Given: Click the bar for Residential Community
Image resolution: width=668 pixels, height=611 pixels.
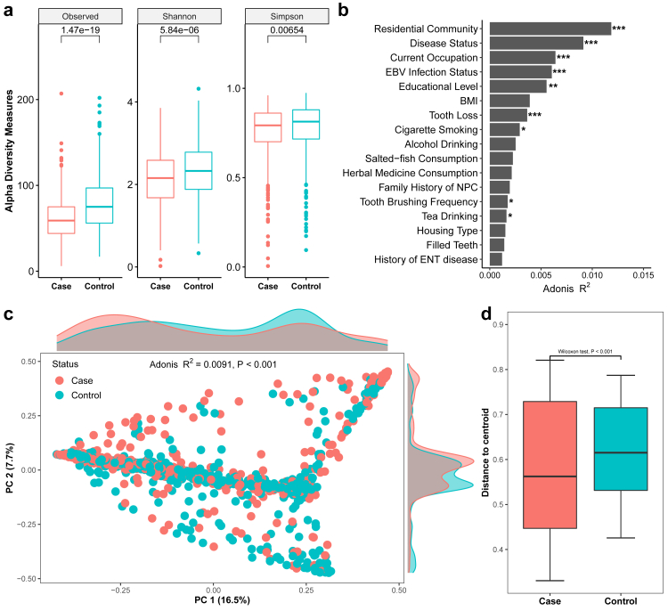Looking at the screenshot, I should (550, 29).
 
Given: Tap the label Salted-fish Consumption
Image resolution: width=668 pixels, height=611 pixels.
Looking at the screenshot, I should (428, 159).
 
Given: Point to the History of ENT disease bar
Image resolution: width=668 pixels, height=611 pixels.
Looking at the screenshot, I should (495, 259).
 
